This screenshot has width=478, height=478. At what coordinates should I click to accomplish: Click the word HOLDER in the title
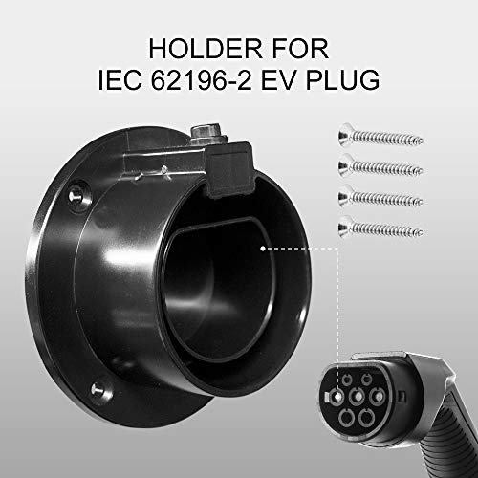[205, 49]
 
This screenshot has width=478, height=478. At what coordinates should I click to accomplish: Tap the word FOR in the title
[300, 49]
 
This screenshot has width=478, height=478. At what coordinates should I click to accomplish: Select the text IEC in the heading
[119, 79]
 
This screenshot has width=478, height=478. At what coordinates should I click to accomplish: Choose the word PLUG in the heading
[343, 79]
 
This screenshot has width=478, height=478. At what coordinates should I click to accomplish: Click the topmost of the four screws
[380, 138]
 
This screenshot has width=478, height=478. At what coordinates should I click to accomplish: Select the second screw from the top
[380, 167]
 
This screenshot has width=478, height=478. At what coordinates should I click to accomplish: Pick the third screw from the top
[380, 198]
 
